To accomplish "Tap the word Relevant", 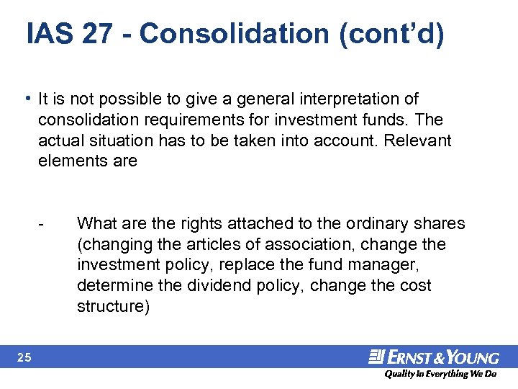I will (x=417, y=140).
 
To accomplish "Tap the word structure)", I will (x=113, y=307).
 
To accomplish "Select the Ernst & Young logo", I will (x=433, y=357).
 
